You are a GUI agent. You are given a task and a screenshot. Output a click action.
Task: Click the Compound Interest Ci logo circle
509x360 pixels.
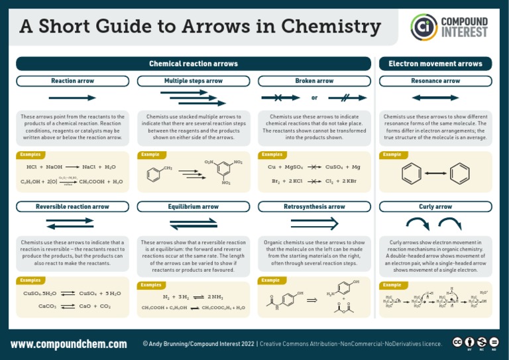pos(424,27)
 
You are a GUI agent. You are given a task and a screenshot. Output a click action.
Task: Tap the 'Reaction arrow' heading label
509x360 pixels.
pos(73,81)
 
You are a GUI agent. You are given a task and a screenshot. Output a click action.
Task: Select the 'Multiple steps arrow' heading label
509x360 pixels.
pos(194,81)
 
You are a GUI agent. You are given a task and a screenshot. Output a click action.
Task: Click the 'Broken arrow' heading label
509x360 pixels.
pos(314,81)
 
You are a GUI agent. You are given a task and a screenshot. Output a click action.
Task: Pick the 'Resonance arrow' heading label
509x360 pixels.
pos(435,81)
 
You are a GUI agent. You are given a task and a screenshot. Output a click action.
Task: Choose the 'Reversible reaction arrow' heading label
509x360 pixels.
pos(73,207)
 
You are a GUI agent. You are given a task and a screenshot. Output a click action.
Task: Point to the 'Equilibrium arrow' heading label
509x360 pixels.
pos(194,207)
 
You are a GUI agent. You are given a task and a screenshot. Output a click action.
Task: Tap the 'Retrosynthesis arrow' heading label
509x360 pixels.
pos(314,207)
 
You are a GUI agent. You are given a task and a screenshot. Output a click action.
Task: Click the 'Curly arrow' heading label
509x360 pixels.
pos(435,207)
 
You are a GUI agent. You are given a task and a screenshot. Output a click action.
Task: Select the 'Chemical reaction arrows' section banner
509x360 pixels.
pos(194,64)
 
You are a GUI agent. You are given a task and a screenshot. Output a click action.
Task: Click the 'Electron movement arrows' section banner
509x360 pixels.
pos(435,64)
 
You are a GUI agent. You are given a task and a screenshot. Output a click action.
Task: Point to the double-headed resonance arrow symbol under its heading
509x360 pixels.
pos(435,97)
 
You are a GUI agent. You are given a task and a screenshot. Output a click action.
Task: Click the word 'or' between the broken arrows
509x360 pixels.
pos(314,98)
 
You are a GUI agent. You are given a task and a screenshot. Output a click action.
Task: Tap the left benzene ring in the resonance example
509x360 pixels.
pos(412,174)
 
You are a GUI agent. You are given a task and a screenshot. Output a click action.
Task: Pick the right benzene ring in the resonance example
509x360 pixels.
pos(459,174)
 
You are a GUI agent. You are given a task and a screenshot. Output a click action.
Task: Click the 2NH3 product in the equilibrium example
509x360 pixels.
pos(216,297)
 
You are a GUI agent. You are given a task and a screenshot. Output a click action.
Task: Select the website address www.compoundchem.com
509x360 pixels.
pos(69,344)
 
